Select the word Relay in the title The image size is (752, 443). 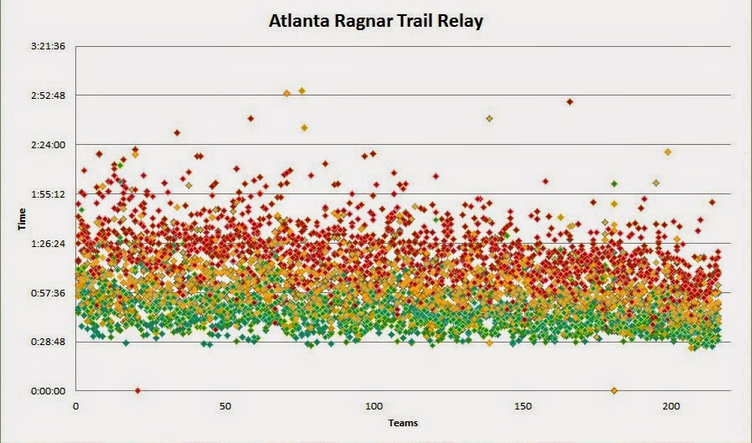coord(461,22)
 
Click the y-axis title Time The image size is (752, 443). coord(22,219)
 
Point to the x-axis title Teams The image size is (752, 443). coord(403,423)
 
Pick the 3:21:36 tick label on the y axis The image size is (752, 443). coord(48,47)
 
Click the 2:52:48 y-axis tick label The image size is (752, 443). coord(48,95)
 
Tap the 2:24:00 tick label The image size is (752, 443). coord(48,145)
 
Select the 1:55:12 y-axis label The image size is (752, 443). coord(48,194)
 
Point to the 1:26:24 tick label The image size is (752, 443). coord(48,244)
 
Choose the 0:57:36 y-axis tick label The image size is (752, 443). coord(48,293)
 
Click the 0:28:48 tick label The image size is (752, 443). coord(48,342)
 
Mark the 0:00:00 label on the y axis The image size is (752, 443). coord(48,391)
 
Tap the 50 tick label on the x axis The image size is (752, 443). coord(225,406)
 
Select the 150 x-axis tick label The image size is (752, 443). coord(523,406)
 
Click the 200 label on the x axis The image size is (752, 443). coord(672,406)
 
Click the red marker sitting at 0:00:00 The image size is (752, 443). coord(137,391)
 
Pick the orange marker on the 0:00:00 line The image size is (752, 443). coord(614,391)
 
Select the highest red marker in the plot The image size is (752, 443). coord(569,101)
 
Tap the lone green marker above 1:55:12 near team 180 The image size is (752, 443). coord(614,183)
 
